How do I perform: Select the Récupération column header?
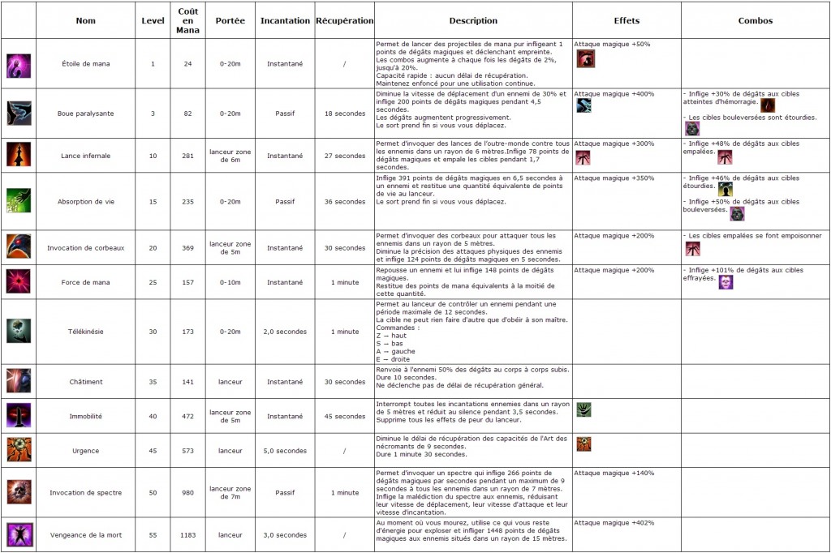click(x=345, y=20)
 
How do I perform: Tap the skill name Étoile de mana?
click(x=85, y=63)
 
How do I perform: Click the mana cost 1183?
click(x=187, y=535)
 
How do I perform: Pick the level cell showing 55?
click(x=153, y=535)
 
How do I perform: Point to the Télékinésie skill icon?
click(x=19, y=331)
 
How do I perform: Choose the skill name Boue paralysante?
click(x=85, y=114)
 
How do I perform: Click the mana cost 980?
click(x=187, y=492)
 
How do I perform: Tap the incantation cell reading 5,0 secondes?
click(x=286, y=450)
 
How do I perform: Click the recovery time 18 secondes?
click(x=345, y=114)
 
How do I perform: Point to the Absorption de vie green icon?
click(x=19, y=201)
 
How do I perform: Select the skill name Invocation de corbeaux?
click(x=85, y=248)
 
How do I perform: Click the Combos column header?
click(x=756, y=20)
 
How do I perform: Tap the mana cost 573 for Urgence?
click(x=187, y=450)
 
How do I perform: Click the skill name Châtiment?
click(x=85, y=382)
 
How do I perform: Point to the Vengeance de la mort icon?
click(x=19, y=535)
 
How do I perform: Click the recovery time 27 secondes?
click(x=345, y=156)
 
